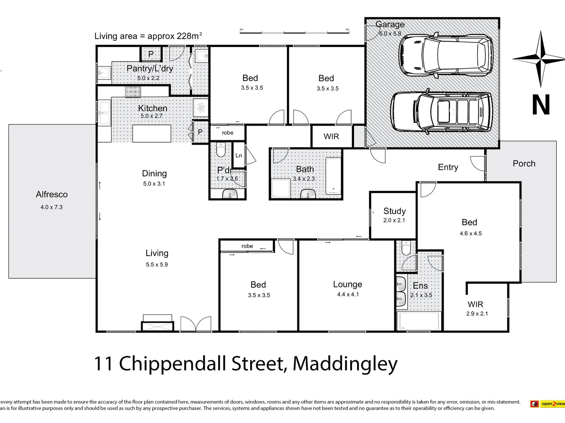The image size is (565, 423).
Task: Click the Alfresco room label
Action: point(51,194)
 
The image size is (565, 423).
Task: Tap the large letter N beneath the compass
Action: point(541,105)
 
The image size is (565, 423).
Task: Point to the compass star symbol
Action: point(541,59)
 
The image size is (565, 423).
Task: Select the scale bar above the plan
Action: point(294,32)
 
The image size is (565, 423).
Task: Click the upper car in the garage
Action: point(446,54)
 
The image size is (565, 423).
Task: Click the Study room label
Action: point(394,211)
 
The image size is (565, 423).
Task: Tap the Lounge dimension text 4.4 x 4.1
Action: point(348,295)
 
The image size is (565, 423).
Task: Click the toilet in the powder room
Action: point(221,149)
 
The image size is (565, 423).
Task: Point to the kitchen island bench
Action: point(151,134)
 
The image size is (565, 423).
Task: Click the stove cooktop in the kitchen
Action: point(133,92)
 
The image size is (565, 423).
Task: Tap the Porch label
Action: point(524,164)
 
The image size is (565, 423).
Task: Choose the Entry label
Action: point(448,167)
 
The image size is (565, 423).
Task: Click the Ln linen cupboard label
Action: point(239,155)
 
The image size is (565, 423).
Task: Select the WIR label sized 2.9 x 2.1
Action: point(475,304)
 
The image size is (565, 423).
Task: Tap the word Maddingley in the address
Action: point(345,363)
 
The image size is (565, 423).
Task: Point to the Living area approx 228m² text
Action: point(148,36)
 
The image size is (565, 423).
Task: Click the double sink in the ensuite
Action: point(401,291)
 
